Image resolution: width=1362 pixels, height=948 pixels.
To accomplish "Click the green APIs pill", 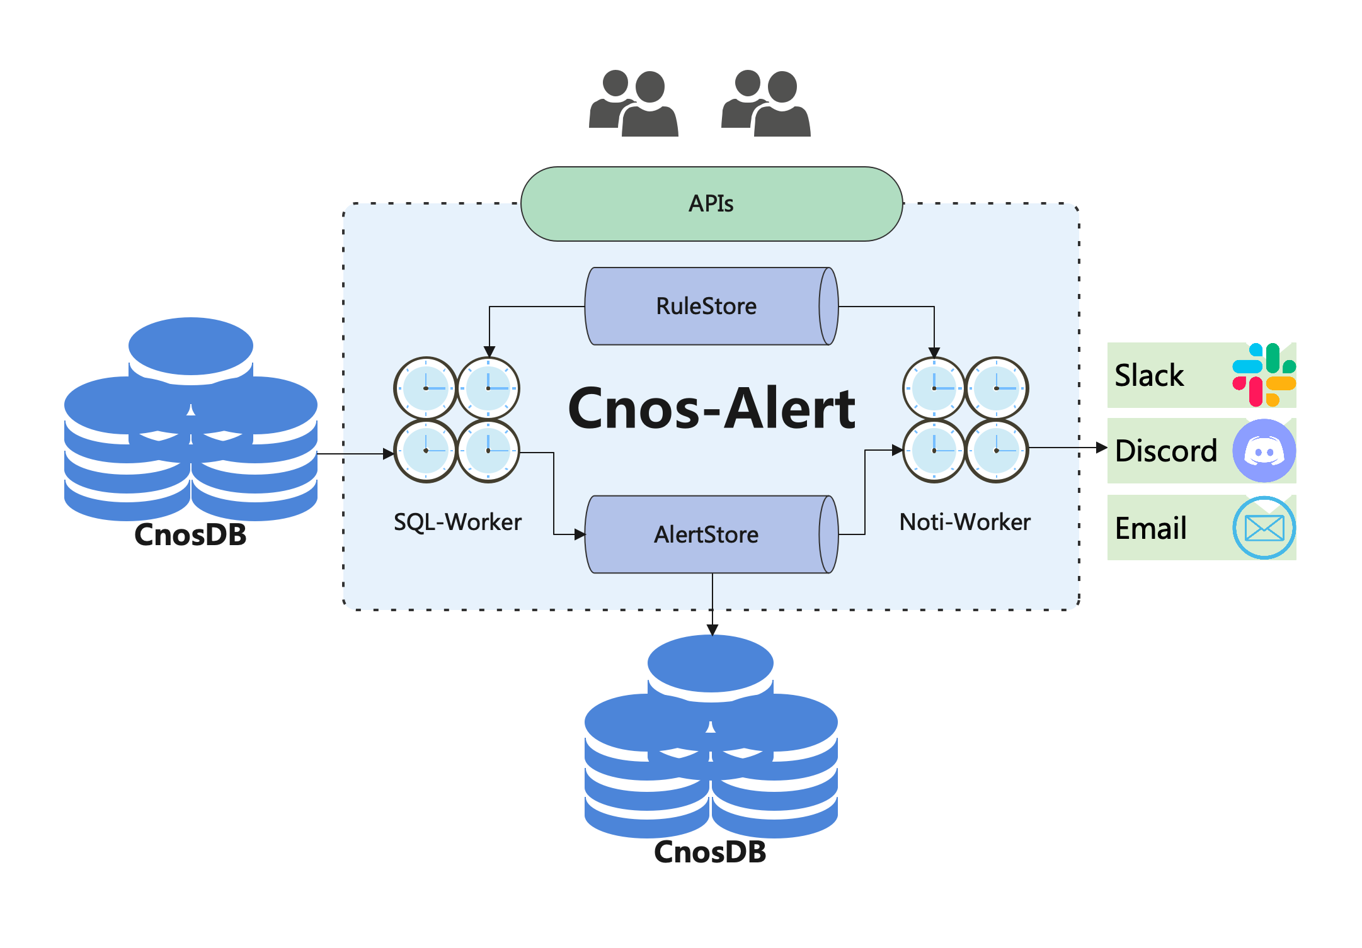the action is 712,204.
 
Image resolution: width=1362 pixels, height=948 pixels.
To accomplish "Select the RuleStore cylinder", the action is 712,307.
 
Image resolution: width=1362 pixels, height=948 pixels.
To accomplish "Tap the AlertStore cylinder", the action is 712,534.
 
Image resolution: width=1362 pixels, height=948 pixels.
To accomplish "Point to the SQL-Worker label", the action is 457,522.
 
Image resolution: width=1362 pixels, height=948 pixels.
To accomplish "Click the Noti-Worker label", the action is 964,522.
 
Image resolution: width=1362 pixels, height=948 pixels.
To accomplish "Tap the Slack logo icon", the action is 1264,375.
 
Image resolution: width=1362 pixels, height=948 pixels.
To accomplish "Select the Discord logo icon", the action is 1264,451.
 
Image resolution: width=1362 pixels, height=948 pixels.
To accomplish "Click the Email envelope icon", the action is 1264,528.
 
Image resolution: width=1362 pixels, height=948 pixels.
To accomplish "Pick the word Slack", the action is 1149,375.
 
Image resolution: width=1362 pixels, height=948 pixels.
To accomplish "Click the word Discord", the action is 1166,451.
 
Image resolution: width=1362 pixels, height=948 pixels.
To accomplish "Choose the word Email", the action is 1151,528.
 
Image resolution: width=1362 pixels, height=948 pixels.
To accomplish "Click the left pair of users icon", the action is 633,103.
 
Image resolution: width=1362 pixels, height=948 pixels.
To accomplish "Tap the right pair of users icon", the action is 765,103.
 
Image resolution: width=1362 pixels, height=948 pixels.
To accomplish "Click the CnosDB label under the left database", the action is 190,535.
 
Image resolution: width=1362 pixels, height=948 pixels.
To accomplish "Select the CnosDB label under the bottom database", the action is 710,852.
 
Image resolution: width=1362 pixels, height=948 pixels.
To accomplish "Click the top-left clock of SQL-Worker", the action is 426,388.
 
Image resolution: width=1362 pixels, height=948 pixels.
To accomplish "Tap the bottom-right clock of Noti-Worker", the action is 997,451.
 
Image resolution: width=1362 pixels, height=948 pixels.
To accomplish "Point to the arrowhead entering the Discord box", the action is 1102,448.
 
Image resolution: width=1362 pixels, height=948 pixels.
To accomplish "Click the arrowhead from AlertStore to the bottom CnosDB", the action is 712,630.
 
